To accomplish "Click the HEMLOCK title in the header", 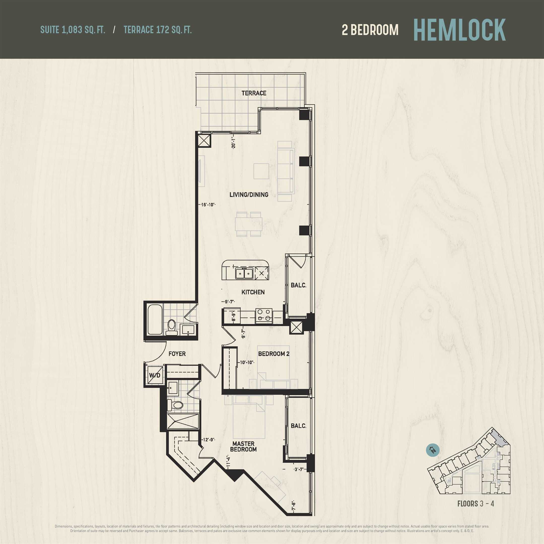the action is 460,30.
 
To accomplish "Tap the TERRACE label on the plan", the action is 254,93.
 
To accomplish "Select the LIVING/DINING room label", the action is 249,195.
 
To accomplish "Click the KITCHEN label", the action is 253,292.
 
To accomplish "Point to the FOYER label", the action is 177,354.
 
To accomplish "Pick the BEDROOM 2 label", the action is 274,354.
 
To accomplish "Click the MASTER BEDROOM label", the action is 243,446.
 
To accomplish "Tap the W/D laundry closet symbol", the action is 155,375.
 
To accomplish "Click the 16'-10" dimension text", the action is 208,205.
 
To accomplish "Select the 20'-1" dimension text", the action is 233,143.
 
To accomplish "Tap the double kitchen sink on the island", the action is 244,273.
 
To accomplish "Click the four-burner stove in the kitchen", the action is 264,315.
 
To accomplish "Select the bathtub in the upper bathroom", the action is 155,320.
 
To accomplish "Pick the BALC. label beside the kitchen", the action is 298,285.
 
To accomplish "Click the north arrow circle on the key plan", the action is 433,450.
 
